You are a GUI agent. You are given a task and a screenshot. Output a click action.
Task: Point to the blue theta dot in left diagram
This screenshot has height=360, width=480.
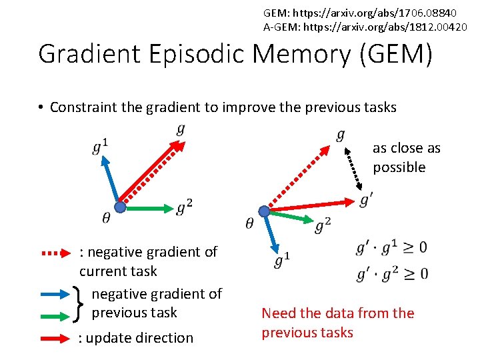coord(120,207)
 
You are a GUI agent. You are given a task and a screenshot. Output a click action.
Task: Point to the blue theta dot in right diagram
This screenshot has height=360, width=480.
coord(264,211)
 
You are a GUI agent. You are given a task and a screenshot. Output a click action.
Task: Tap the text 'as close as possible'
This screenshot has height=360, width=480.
coord(406,157)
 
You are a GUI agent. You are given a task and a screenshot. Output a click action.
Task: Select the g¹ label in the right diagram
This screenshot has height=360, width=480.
coord(282,259)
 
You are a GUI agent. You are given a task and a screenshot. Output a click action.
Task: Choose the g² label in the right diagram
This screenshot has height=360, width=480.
coord(323,226)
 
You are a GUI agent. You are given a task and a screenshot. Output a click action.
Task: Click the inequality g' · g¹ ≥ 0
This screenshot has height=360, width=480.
coord(392,249)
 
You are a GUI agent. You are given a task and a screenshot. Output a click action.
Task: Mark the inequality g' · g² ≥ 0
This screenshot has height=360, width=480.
coord(392,273)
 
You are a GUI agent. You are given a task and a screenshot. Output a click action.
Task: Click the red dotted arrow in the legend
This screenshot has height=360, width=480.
coord(57,253)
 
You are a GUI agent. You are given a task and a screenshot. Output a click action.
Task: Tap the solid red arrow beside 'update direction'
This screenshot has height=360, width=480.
coord(57,338)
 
